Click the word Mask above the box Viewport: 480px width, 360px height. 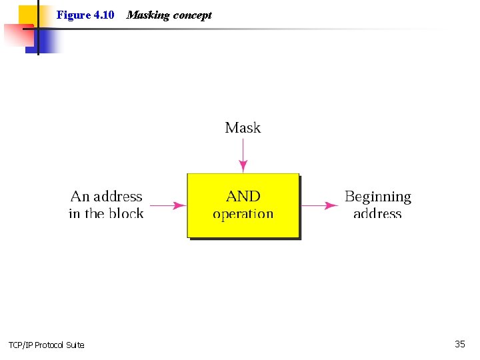point(243,127)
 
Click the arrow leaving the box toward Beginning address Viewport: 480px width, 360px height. point(320,205)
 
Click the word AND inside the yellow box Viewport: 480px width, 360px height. point(243,196)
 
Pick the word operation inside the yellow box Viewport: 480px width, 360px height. point(243,214)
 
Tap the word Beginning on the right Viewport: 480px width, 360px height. point(378,197)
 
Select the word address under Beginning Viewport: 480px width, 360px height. point(377,214)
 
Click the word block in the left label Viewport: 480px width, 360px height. point(126,214)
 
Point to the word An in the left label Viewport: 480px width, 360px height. point(80,197)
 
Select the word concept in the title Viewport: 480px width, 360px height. point(193,15)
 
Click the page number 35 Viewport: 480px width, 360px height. point(460,344)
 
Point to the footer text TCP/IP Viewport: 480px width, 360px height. point(20,345)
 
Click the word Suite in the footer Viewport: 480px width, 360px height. point(75,345)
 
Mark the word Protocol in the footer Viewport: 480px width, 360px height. point(50,345)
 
